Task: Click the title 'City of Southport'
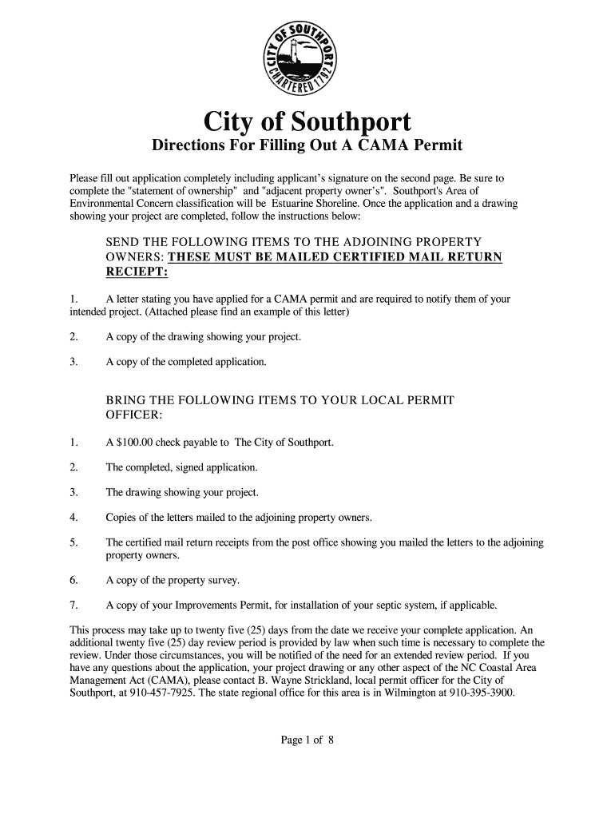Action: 307,122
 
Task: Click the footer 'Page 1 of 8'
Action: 307,740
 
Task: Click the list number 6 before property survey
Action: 73,579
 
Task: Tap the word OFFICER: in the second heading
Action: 134,414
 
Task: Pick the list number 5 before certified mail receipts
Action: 73,542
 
